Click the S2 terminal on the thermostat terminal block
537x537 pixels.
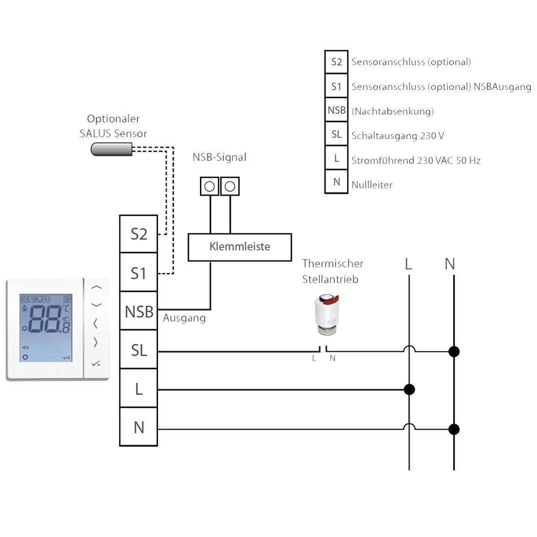[138, 234]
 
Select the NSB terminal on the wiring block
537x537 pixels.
[139, 311]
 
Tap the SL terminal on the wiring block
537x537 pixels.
[139, 350]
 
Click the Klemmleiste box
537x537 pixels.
[240, 247]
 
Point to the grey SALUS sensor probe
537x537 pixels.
[111, 149]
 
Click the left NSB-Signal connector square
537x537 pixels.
[209, 186]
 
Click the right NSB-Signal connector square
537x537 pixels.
[230, 186]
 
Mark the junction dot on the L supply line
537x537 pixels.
[409, 389]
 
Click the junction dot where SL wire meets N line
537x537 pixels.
[454, 352]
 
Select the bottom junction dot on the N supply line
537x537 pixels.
[454, 430]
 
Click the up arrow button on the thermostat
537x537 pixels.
[97, 287]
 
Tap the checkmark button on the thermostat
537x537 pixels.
[96, 364]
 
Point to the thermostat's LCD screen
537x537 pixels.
[46, 328]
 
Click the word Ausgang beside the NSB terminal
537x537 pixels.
[184, 318]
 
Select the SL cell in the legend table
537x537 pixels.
[336, 135]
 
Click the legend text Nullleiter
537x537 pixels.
[372, 185]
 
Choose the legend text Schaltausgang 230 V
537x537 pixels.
[398, 136]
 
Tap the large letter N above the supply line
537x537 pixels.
[450, 264]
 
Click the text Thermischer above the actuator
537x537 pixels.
[332, 264]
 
